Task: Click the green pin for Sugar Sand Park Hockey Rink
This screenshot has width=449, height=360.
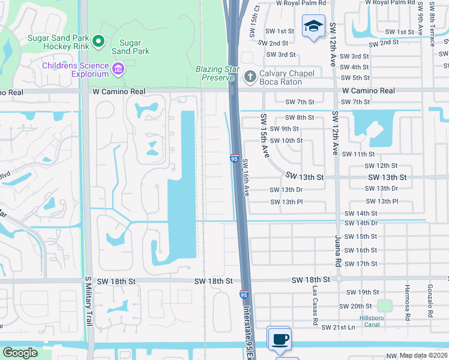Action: (x=98, y=41)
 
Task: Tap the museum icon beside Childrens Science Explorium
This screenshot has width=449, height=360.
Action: (x=119, y=69)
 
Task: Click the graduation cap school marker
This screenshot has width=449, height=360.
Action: (x=313, y=27)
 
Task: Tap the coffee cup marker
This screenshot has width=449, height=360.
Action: (x=279, y=338)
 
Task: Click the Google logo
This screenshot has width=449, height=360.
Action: (x=20, y=353)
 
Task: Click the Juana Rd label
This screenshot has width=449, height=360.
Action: (x=337, y=250)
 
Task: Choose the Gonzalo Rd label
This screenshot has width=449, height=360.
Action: (x=430, y=301)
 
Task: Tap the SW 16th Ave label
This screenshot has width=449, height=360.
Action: (x=246, y=181)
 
